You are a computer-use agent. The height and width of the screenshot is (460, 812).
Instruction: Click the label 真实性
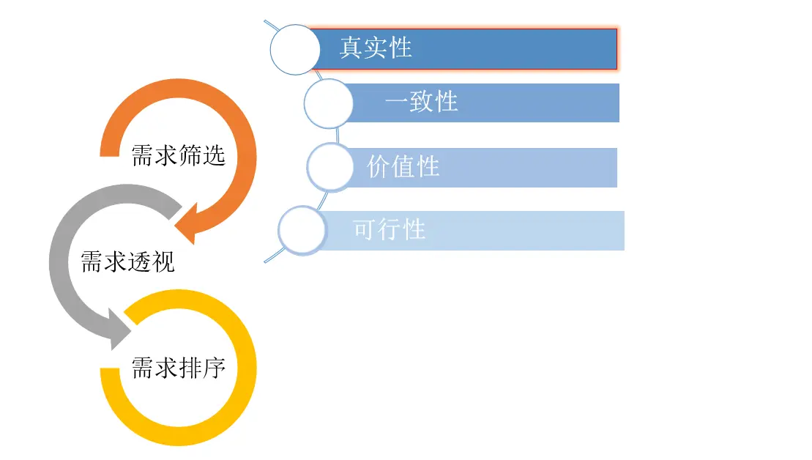point(376,48)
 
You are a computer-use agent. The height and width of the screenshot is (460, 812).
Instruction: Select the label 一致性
point(422,102)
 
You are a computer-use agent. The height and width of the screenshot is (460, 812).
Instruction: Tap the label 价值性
point(403,167)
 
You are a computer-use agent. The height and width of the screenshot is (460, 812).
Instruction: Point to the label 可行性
point(389,230)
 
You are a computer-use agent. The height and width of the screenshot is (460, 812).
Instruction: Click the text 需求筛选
point(178,156)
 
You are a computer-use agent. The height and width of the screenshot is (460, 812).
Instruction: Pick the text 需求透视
point(127,261)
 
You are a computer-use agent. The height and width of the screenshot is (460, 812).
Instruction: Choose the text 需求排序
point(178,368)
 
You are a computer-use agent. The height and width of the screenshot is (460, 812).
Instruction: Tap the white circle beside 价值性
point(330,167)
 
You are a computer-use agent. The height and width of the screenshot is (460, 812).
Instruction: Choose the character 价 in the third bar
point(379,167)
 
